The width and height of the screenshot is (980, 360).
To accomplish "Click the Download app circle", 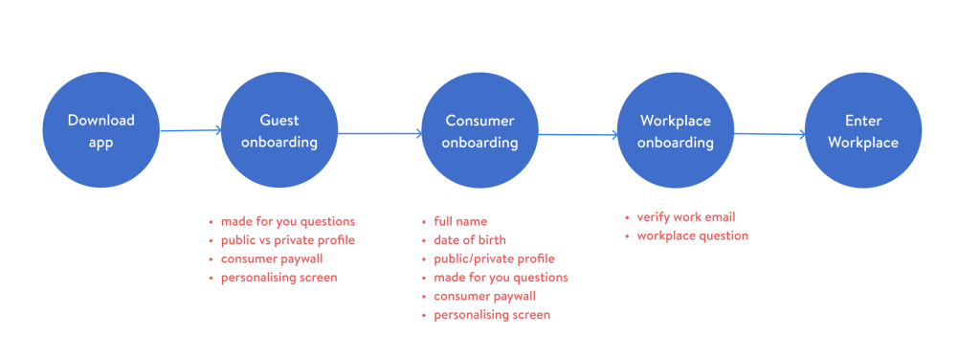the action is tap(100, 130).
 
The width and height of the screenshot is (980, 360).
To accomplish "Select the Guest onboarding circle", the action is tap(279, 130).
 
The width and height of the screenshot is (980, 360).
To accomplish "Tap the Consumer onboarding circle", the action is tap(479, 130).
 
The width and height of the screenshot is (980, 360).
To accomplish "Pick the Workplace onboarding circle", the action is tap(675, 130).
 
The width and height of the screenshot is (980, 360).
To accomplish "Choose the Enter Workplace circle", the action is tap(863, 130).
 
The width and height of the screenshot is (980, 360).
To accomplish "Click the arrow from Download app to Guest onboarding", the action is tap(190, 130).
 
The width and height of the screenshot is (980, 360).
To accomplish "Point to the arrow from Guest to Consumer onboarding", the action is tap(380, 132).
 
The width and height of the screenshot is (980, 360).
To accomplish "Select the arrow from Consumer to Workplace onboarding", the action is tap(578, 134).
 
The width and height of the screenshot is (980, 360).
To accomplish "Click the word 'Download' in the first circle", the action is tap(101, 120).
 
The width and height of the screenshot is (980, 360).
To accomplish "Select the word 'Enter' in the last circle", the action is tap(863, 120).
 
